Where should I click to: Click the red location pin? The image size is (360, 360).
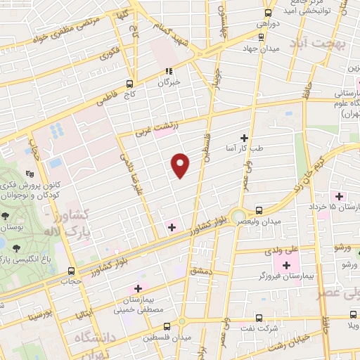point(181,165)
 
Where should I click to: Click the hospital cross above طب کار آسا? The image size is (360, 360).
point(245,138)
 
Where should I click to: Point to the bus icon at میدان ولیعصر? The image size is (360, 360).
point(259,210)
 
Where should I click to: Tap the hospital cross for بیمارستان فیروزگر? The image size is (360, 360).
point(286,265)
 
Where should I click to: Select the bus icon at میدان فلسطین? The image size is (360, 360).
point(166,326)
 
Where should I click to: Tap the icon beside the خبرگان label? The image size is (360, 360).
point(168,71)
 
